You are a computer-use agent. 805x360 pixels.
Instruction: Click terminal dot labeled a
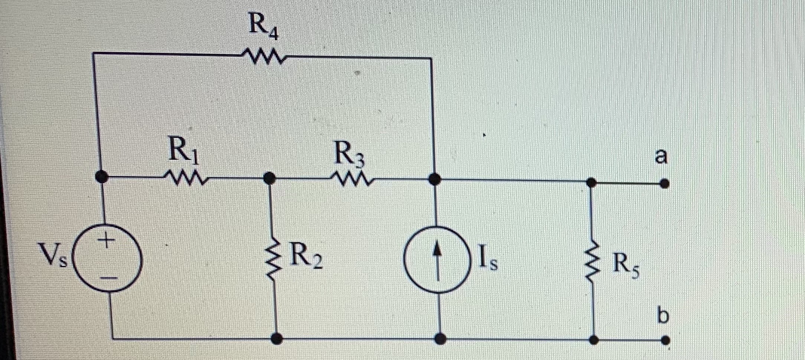(x=665, y=183)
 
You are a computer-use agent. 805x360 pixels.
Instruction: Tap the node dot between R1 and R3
(x=269, y=178)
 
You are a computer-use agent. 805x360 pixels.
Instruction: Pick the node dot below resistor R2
(x=276, y=338)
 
